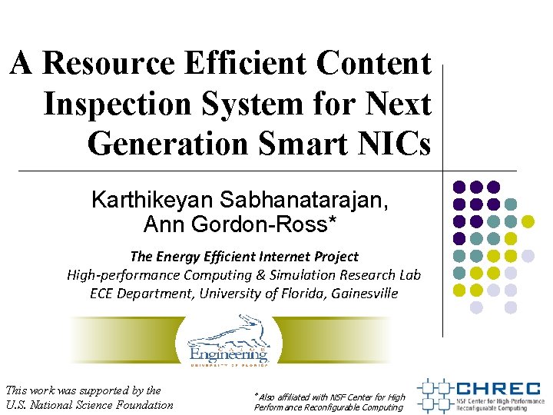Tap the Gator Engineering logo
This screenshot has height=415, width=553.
(x=228, y=341)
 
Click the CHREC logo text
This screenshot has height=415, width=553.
(x=497, y=390)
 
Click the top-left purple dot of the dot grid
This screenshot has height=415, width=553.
(x=459, y=187)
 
